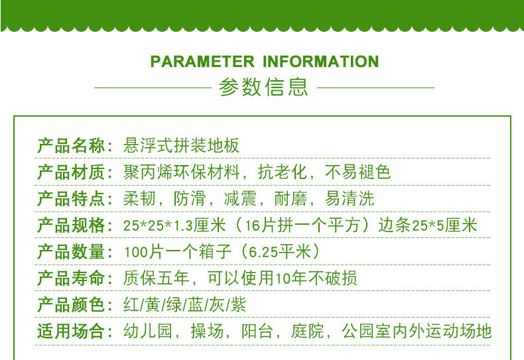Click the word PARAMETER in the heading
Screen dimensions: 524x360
202,62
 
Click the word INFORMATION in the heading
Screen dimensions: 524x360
321,62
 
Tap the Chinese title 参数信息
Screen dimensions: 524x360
263,87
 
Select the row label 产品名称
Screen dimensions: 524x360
71,146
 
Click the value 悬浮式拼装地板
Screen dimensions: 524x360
182,146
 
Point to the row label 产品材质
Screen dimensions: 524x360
71,172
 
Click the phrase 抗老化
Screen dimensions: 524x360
283,172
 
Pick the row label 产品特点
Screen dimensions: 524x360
71,199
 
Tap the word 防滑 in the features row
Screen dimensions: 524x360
190,199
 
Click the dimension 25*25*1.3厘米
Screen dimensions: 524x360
175,225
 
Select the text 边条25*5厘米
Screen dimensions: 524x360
428,225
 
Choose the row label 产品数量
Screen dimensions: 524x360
71,252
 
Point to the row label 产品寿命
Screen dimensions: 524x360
71,278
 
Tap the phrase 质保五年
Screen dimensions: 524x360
156,278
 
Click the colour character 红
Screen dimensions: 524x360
131,304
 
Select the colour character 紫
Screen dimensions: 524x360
238,304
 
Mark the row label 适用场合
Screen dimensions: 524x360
71,331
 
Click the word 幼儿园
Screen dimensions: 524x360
148,331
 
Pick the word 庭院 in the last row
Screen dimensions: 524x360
308,331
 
